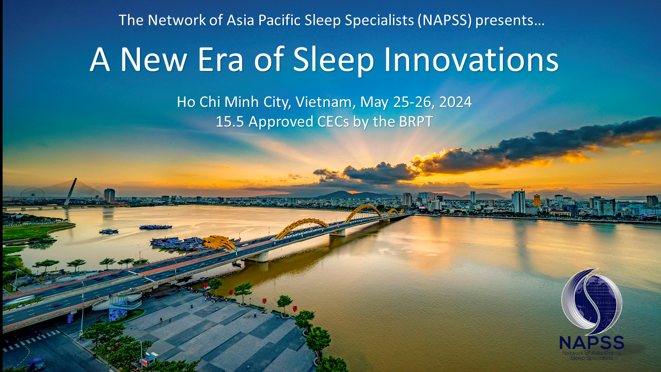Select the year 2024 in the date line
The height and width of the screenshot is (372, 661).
point(455,102)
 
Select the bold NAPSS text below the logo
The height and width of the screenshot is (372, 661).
point(591,342)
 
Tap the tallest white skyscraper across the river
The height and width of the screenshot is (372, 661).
point(518,202)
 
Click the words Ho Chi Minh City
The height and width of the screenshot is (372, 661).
point(234,102)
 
